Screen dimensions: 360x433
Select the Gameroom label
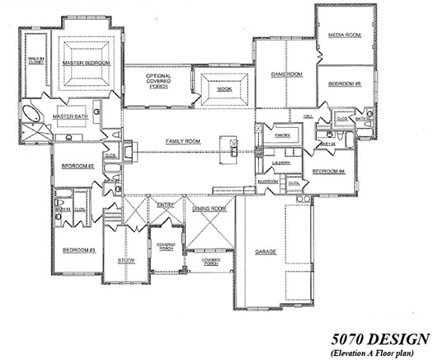pyautogui.click(x=286, y=74)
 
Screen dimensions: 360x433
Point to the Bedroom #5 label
pyautogui.click(x=344, y=84)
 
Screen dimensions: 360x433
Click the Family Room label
pyautogui.click(x=183, y=141)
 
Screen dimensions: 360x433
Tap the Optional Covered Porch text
pyautogui.click(x=158, y=80)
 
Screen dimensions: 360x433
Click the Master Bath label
pyautogui.click(x=70, y=116)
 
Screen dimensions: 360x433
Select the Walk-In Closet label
pyautogui.click(x=35, y=61)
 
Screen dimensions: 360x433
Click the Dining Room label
pyautogui.click(x=209, y=209)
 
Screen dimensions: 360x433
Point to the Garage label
pyautogui.click(x=265, y=252)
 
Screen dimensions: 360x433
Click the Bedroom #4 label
pyautogui.click(x=327, y=172)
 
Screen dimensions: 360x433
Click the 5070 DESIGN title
pyautogui.click(x=380, y=337)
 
